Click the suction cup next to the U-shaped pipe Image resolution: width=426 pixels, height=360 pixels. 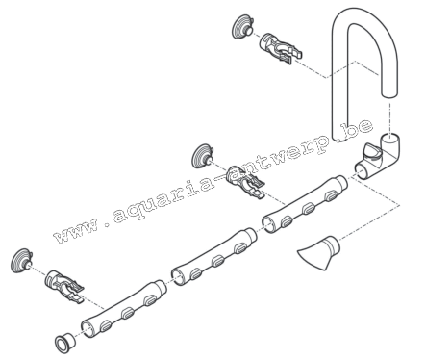pyautogui.click(x=242, y=26)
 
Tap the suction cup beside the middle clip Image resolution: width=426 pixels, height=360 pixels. pyautogui.click(x=202, y=156)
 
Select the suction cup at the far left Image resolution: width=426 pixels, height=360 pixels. pyautogui.click(x=21, y=260)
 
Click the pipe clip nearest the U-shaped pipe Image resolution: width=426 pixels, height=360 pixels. pyautogui.click(x=280, y=48)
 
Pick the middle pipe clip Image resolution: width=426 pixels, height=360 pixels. pyautogui.click(x=244, y=181)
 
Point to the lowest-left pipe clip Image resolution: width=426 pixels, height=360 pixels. pyautogui.click(x=64, y=286)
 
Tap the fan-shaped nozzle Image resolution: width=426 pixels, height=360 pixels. pyautogui.click(x=318, y=252)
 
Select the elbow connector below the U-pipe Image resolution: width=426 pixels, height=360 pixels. pyautogui.click(x=378, y=157)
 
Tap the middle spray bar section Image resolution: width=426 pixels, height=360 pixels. pyautogui.click(x=213, y=257)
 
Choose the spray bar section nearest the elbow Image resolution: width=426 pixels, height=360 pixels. pyautogui.click(x=305, y=204)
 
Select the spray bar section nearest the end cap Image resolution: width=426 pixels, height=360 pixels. pyautogui.click(x=123, y=309)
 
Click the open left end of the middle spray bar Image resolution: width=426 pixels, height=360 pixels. pyautogui.click(x=179, y=277)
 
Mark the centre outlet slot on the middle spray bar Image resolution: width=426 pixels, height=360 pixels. pyautogui.click(x=218, y=261)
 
